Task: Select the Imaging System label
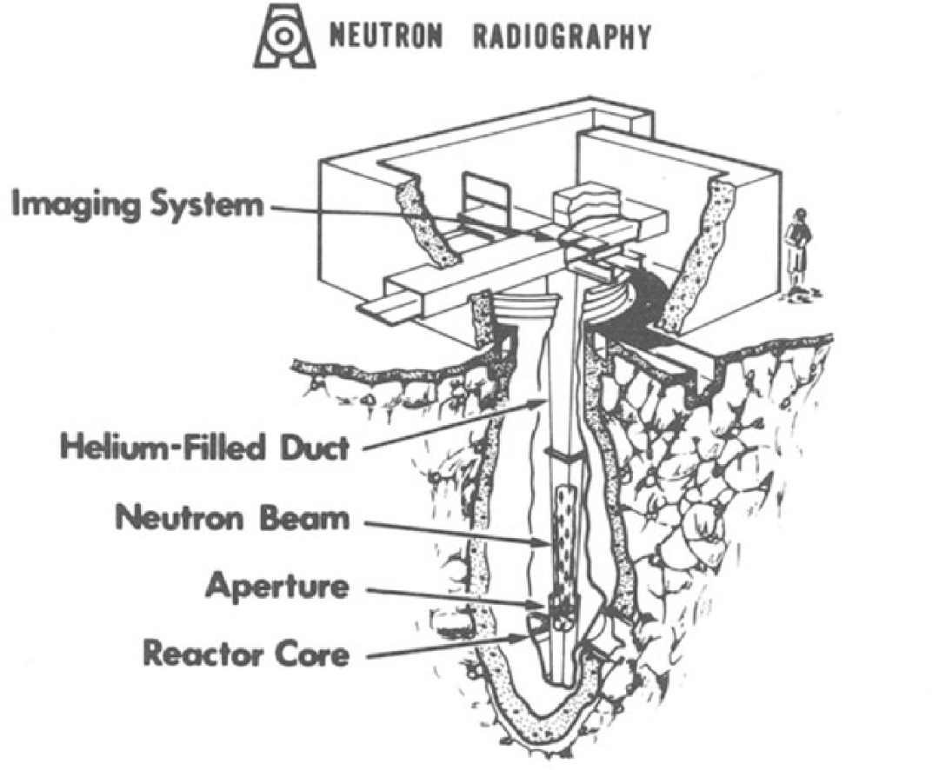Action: [x=137, y=206]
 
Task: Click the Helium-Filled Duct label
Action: [x=203, y=449]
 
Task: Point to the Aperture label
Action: [x=276, y=587]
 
